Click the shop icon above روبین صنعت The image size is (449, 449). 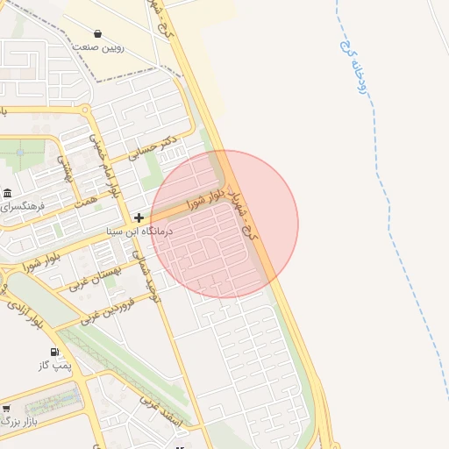pos(96,34)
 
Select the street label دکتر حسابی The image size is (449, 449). pos(153,146)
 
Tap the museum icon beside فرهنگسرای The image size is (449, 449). pos(8,193)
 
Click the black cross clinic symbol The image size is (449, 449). pos(139,217)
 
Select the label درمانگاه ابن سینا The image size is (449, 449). pos(139,232)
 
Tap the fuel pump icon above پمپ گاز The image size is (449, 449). pos(56,352)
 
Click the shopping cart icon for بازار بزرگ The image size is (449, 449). pos(7,409)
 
